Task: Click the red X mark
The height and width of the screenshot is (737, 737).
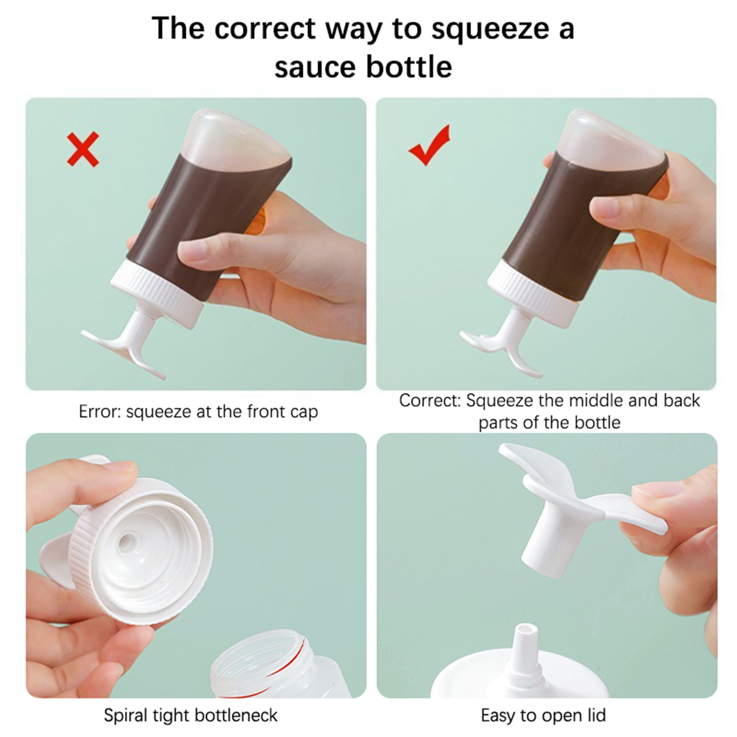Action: [x=83, y=149]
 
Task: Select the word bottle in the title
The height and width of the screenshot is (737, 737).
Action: [x=409, y=67]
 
